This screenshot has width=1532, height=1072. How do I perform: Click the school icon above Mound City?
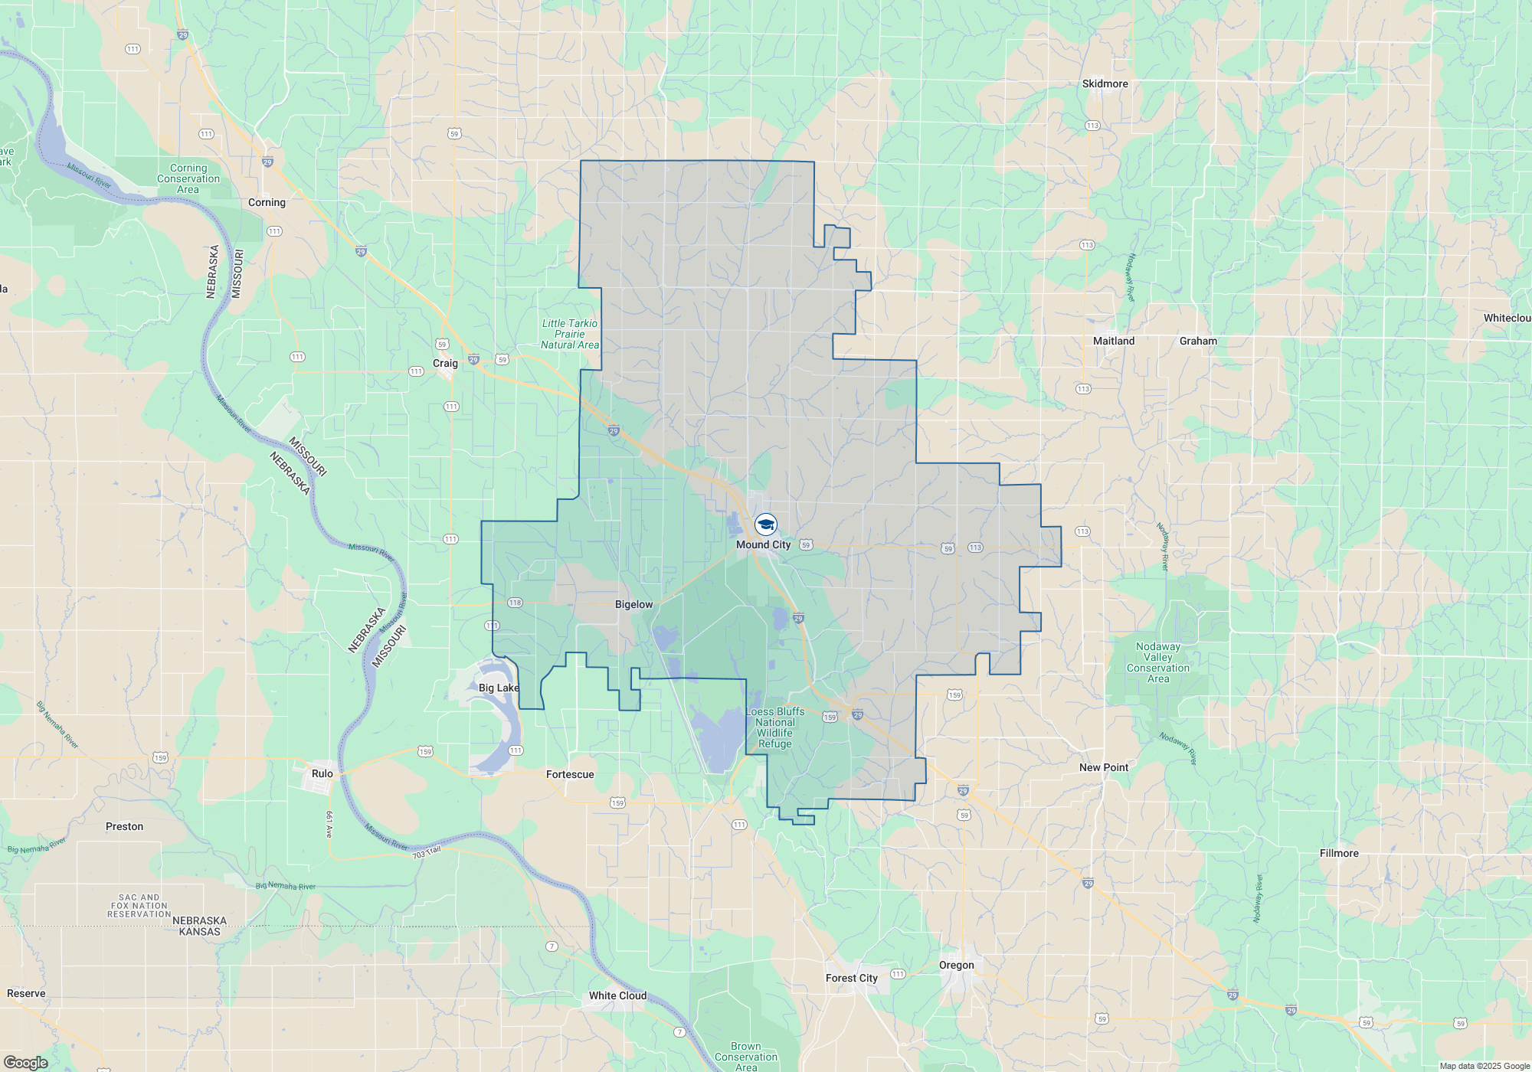pyautogui.click(x=765, y=525)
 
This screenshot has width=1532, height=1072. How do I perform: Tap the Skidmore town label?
pyautogui.click(x=1105, y=84)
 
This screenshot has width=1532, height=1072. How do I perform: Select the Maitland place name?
pyautogui.click(x=1113, y=342)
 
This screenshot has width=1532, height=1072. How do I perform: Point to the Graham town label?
pyautogui.click(x=1198, y=342)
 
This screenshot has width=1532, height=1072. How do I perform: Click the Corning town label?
pyautogui.click(x=267, y=203)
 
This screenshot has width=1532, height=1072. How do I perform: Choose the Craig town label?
pyautogui.click(x=445, y=364)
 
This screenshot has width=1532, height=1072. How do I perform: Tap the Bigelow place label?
pyautogui.click(x=633, y=605)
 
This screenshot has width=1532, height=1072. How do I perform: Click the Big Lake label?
pyautogui.click(x=499, y=688)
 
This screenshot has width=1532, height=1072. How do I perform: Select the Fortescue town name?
pyautogui.click(x=570, y=775)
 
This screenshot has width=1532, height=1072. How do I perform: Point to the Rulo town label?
pyautogui.click(x=322, y=774)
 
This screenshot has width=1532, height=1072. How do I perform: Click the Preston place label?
pyautogui.click(x=124, y=827)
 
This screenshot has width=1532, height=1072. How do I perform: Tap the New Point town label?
pyautogui.click(x=1103, y=768)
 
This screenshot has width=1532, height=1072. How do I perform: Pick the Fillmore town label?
pyautogui.click(x=1339, y=854)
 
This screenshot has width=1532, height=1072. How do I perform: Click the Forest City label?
pyautogui.click(x=851, y=979)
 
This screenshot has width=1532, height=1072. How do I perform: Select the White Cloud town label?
pyautogui.click(x=617, y=996)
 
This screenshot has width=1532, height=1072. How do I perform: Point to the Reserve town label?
pyautogui.click(x=26, y=994)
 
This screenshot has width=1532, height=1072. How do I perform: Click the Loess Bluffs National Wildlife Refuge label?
pyautogui.click(x=775, y=728)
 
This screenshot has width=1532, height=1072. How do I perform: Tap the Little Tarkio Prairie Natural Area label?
pyautogui.click(x=570, y=335)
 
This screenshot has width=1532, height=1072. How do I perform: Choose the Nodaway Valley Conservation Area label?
pyautogui.click(x=1157, y=663)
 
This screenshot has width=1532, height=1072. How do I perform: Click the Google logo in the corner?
pyautogui.click(x=25, y=1063)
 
